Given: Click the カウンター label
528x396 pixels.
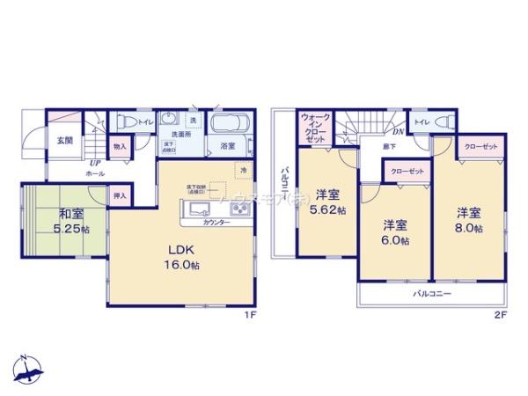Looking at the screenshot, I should coord(216,224).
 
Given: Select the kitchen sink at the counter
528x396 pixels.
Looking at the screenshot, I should coord(196,209).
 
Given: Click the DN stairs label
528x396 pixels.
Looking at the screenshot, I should coord(398,132).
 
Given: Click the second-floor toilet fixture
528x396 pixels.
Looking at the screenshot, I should coord(444,122).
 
